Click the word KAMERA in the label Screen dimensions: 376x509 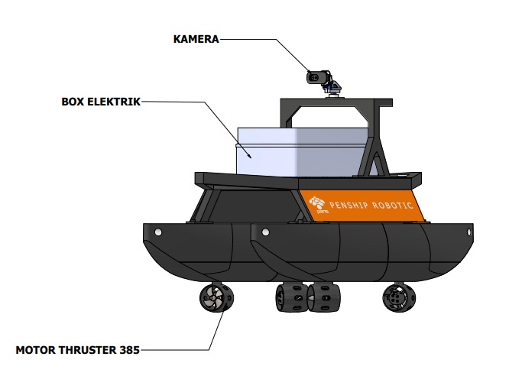[196, 38]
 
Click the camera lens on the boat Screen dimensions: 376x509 [313, 76]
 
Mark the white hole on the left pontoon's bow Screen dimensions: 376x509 [157, 232]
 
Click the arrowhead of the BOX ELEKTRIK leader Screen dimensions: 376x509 [252, 156]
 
